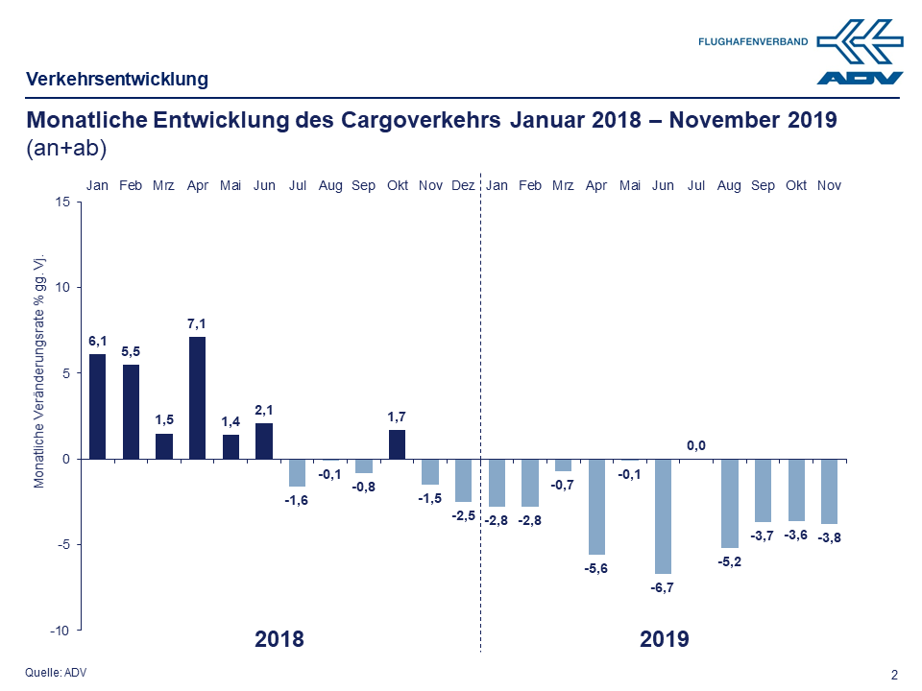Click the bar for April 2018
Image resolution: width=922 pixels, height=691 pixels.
(197, 397)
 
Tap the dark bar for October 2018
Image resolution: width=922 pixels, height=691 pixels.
(397, 444)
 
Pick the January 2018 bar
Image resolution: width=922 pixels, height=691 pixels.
(97, 406)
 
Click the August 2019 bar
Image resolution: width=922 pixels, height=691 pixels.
(729, 503)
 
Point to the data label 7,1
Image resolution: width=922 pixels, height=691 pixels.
(197, 324)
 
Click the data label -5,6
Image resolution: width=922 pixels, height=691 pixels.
(595, 568)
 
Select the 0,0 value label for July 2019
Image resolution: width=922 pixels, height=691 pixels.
(695, 444)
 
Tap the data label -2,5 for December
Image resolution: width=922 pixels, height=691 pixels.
(463, 515)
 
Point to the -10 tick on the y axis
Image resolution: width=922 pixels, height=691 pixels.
(60, 630)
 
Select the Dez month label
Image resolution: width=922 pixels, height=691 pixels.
(463, 185)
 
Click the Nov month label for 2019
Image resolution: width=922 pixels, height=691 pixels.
(829, 185)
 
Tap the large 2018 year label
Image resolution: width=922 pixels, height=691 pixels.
(279, 639)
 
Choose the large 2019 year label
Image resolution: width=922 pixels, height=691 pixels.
(665, 639)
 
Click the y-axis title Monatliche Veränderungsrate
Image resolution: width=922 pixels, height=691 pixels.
(40, 373)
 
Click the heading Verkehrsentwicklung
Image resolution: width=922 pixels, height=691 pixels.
(117, 79)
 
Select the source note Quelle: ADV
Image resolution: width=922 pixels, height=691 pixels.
(56, 672)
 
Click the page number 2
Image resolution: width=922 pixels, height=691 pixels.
(894, 675)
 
